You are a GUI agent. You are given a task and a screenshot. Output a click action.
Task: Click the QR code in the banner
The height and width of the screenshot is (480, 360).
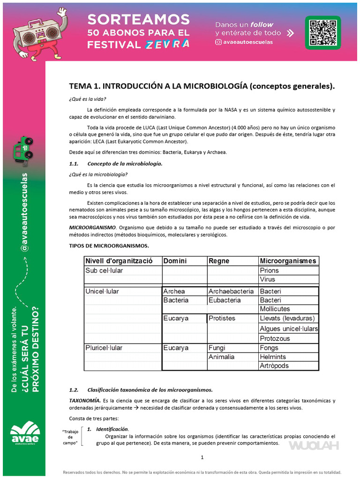pyautogui.click(x=323, y=32)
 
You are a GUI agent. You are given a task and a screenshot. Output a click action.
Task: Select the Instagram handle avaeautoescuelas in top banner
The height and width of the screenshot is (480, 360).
pyautogui.click(x=247, y=42)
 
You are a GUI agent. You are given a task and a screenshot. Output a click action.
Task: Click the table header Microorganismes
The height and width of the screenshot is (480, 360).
pyautogui.click(x=288, y=261)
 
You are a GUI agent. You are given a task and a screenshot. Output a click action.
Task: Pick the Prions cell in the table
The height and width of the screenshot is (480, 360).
pyautogui.click(x=269, y=270)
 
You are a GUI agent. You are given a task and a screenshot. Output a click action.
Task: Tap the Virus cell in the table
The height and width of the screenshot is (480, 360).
pyautogui.click(x=268, y=279)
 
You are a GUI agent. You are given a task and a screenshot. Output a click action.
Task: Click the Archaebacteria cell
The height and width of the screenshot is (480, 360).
pyautogui.click(x=231, y=291)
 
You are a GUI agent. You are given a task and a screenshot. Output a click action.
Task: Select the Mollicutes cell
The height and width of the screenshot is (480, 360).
pyautogui.click(x=275, y=309)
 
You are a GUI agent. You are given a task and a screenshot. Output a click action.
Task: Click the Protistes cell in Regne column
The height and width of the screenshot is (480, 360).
pyautogui.click(x=222, y=318)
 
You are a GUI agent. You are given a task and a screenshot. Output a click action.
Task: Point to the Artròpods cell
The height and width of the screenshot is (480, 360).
pyautogui.click(x=274, y=366)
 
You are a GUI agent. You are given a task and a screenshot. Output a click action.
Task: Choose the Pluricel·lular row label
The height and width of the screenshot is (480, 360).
pyautogui.click(x=104, y=348)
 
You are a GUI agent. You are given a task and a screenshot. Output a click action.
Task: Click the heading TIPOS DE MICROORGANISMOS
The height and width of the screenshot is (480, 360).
pyautogui.click(x=109, y=246)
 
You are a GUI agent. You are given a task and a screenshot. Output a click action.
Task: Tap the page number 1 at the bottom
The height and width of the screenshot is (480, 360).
pyautogui.click(x=202, y=457)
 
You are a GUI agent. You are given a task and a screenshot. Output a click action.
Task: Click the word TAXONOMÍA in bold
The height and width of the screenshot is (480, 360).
pyautogui.click(x=85, y=400)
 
